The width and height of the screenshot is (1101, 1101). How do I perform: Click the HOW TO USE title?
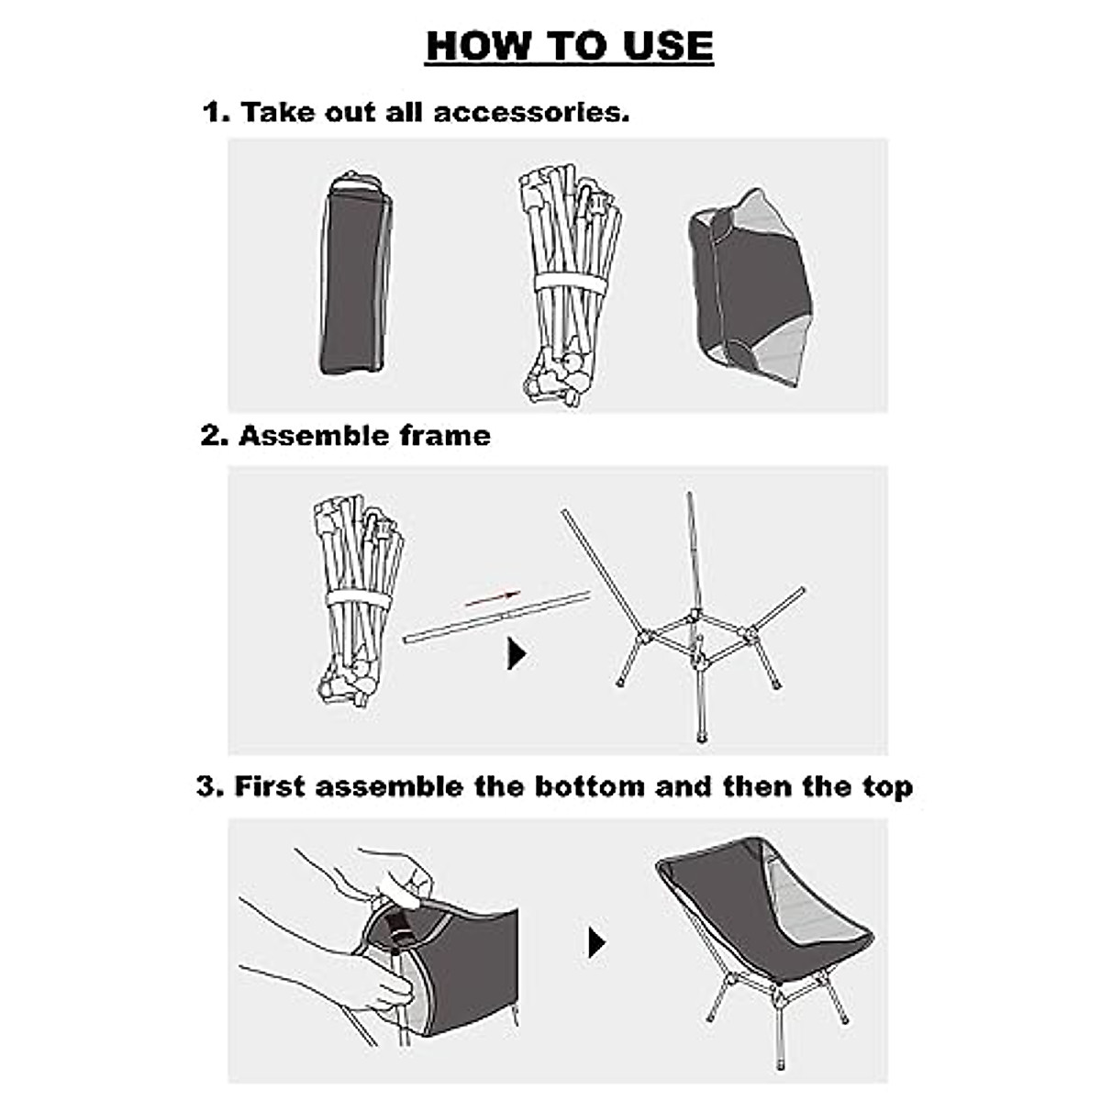tap(569, 46)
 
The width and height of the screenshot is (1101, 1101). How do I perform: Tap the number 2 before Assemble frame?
tap(212, 435)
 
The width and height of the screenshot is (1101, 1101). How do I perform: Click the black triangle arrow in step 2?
tap(517, 654)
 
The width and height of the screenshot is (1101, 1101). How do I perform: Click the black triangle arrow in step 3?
tap(596, 942)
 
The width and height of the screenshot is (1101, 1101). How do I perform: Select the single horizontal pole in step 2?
tap(495, 619)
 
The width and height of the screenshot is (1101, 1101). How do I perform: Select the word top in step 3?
tap(885, 786)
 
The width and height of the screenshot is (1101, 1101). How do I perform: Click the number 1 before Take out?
tap(214, 113)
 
